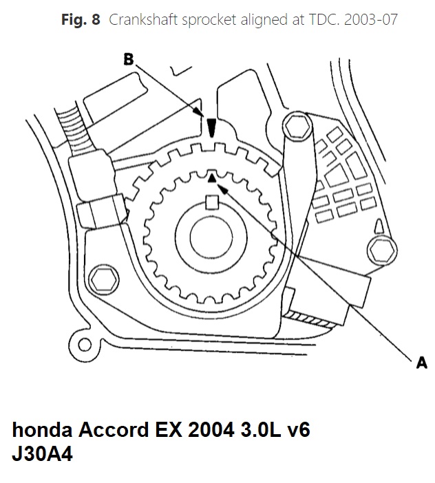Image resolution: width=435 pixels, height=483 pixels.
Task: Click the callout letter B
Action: pos(129,59)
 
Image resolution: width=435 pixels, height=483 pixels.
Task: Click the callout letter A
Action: pos(422,362)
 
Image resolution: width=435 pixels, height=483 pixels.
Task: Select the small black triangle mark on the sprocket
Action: pos(213,178)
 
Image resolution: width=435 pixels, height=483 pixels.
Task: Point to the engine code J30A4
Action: pos(42,455)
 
